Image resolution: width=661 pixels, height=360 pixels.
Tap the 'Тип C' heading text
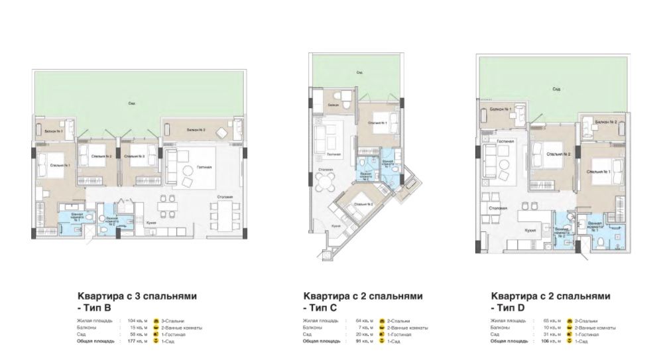(320, 308)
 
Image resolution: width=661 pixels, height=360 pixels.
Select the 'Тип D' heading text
(508, 308)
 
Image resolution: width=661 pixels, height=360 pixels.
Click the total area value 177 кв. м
(135, 341)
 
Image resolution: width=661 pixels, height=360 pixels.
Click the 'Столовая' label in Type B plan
(224, 198)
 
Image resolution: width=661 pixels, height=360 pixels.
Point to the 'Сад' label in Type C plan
(359, 72)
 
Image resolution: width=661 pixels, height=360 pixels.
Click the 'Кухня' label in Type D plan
(530, 233)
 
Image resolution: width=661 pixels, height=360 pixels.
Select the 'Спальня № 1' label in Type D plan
(599, 172)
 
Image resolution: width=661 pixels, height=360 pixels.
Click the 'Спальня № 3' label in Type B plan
(135, 156)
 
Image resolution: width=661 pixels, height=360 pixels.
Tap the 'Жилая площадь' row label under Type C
(320, 321)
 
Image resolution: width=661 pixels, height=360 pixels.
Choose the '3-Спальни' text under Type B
(171, 321)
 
